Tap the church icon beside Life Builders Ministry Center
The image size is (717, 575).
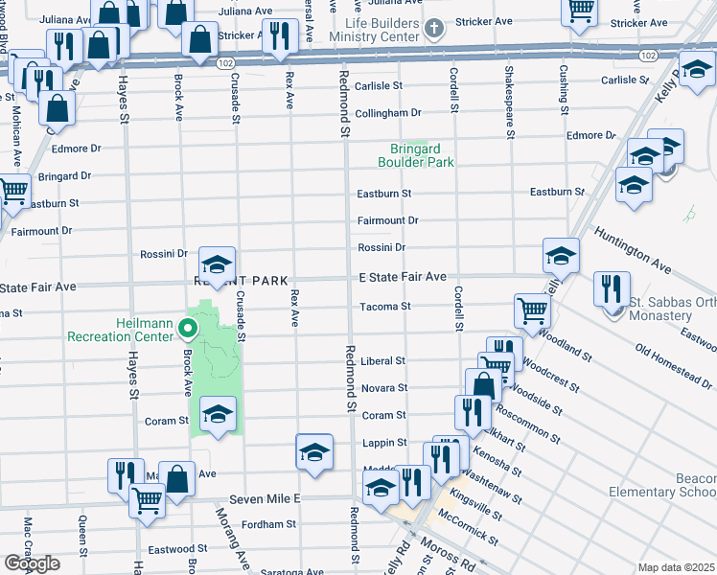435,28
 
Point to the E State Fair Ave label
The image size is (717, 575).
403,277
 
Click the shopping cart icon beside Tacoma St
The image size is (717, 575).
532,310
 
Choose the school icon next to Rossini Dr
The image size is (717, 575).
218,265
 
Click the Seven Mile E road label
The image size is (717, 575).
265,499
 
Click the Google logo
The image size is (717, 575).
32,563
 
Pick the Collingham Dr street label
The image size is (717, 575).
387,113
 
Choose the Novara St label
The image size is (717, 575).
383,388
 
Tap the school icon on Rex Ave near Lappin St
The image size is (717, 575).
314,451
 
